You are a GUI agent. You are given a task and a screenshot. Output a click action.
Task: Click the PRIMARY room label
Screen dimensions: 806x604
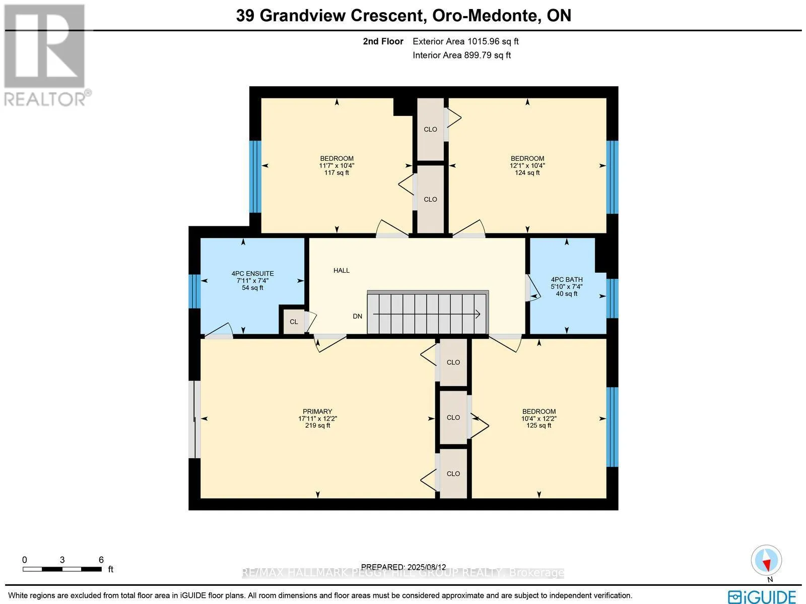(x=317, y=411)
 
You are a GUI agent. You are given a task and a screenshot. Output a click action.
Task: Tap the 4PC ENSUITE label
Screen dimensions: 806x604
(x=253, y=274)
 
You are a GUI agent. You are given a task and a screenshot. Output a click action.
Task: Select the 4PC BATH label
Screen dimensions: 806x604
(x=567, y=280)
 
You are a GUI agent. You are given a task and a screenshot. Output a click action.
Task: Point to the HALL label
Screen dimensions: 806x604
(x=342, y=270)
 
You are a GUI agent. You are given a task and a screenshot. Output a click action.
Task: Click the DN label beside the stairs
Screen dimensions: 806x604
(x=357, y=316)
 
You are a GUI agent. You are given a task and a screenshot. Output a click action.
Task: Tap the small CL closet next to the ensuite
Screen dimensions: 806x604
(x=294, y=322)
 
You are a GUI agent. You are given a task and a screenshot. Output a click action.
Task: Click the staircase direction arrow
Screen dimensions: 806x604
(x=427, y=314)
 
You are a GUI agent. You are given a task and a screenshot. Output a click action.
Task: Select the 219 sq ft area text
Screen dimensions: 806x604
(x=318, y=426)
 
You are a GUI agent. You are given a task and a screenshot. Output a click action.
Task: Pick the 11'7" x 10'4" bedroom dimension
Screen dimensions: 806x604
(x=337, y=166)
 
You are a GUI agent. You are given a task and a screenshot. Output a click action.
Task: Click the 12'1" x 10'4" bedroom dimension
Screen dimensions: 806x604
(x=527, y=166)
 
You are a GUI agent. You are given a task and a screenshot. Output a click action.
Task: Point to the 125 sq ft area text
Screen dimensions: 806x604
(x=539, y=426)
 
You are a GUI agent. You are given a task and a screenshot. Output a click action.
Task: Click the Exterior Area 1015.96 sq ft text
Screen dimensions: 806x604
(x=465, y=41)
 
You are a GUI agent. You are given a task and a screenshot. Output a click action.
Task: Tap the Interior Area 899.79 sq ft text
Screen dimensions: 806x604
(x=462, y=55)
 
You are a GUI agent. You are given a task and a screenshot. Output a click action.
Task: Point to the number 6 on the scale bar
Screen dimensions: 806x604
(x=101, y=560)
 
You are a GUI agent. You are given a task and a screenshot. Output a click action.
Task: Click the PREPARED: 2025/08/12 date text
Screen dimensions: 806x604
(x=404, y=567)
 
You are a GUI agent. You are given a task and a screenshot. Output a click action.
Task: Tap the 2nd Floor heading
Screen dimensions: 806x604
(x=383, y=41)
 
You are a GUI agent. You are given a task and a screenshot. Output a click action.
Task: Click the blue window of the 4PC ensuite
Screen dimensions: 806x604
(x=194, y=291)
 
